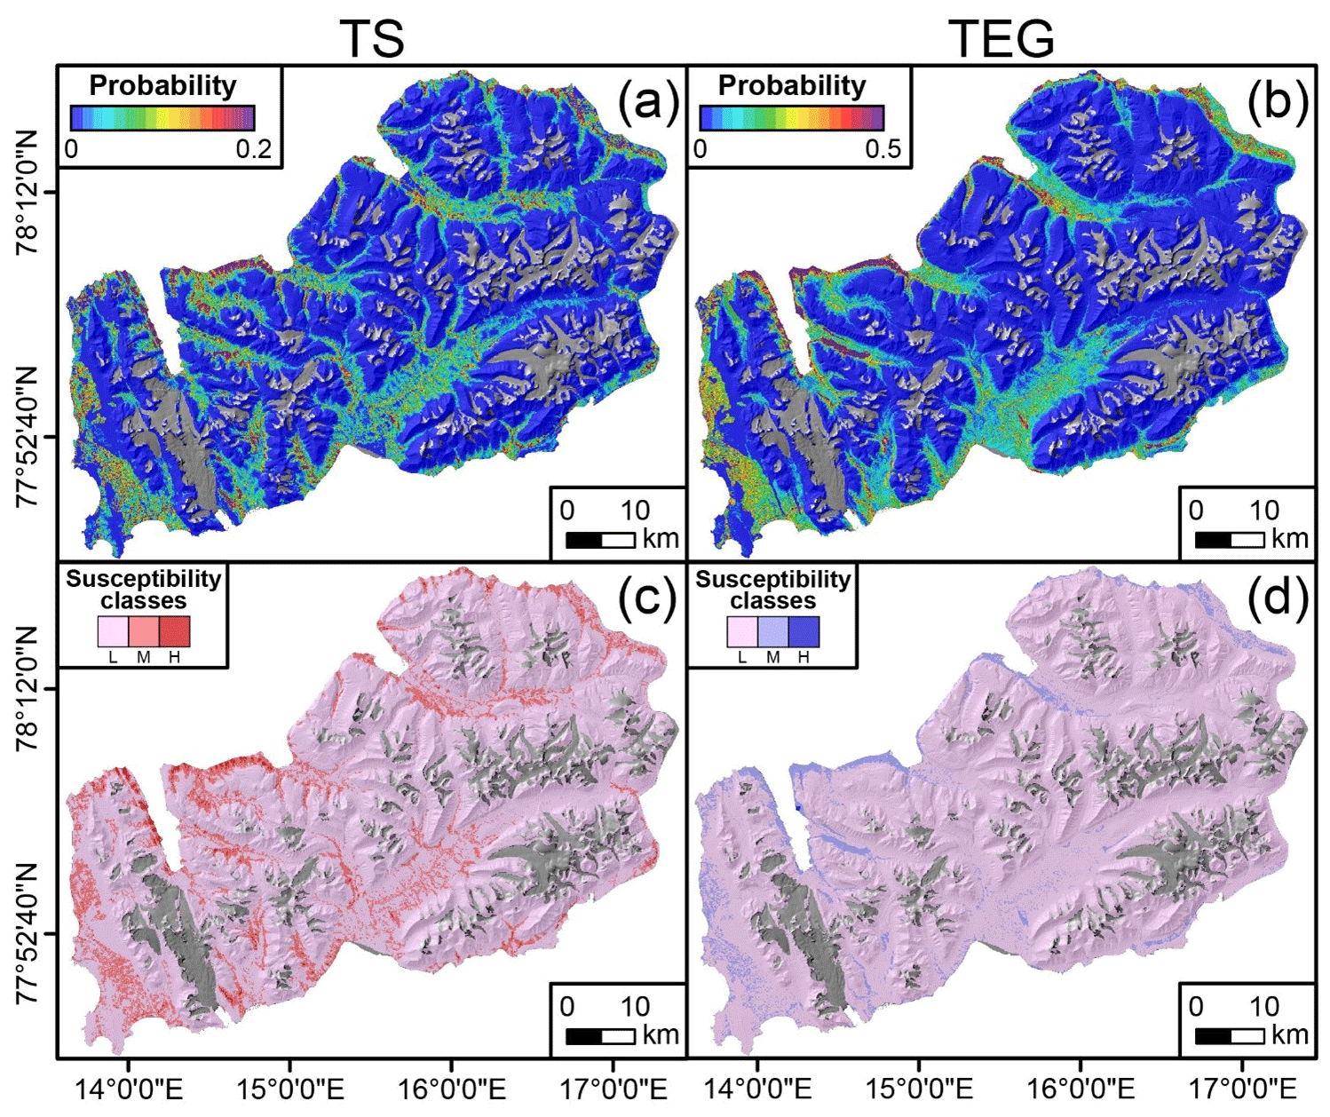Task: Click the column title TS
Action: coord(372,38)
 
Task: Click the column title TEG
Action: coord(1001,38)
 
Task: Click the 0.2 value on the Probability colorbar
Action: coord(254,148)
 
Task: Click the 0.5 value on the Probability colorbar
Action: coord(883,148)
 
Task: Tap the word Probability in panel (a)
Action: coord(162,85)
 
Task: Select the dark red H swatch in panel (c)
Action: coord(174,631)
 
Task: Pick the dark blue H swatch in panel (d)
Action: coord(804,631)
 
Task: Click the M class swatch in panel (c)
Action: coord(144,631)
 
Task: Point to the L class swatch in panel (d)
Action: coord(743,631)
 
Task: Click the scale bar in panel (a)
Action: coord(600,539)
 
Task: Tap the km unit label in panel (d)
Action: coord(1289,1035)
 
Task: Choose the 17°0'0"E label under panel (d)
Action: coord(1241,1089)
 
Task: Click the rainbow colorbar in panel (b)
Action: coord(791,118)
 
